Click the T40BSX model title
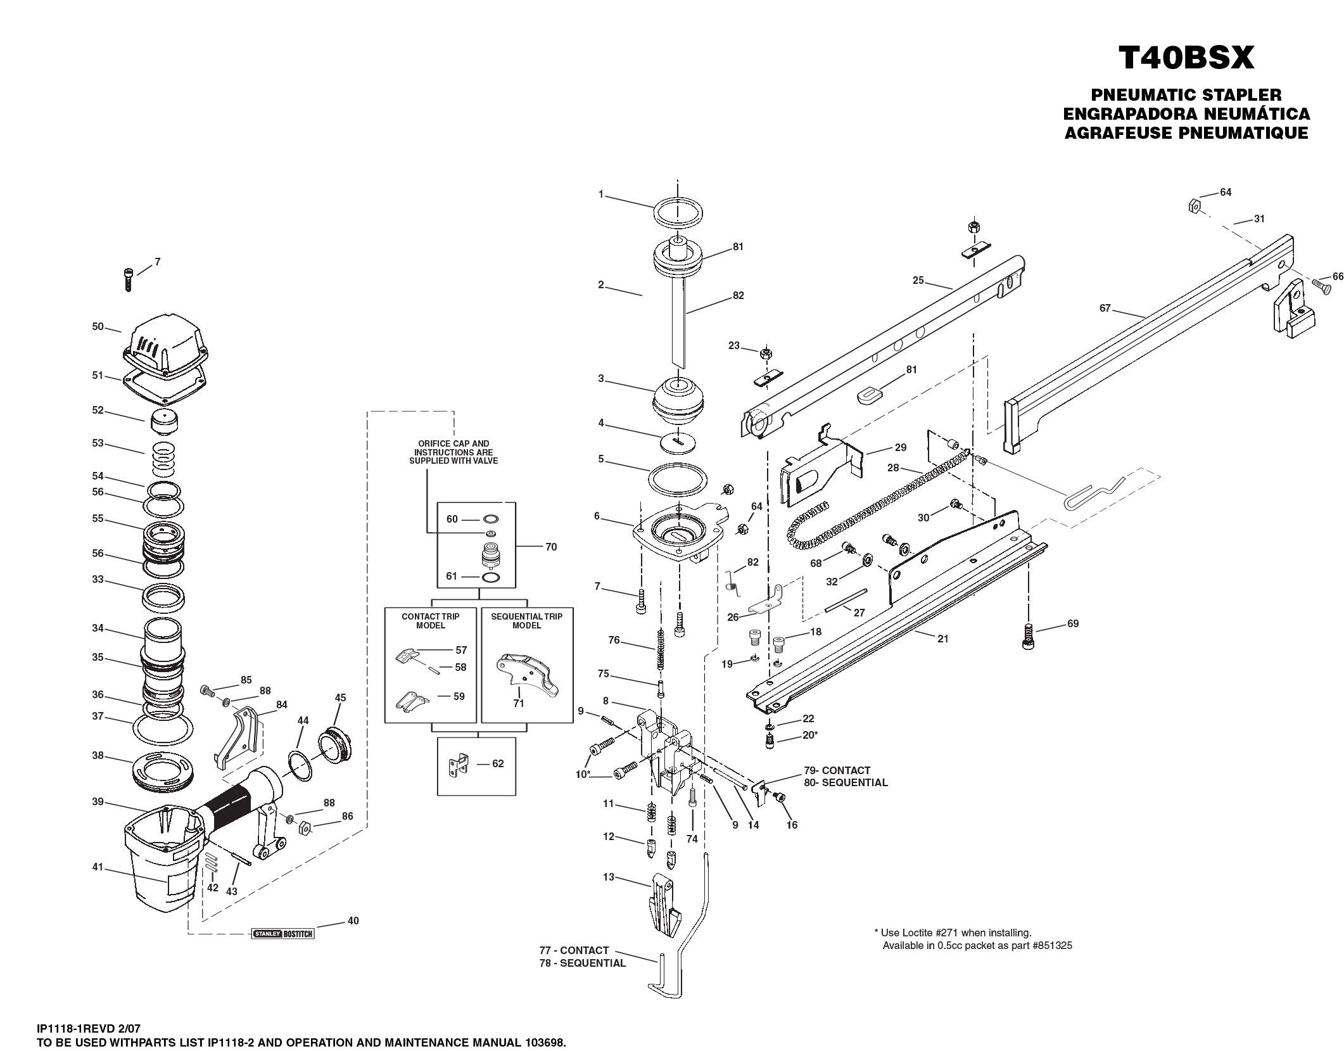click(1186, 58)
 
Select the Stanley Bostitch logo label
click(283, 933)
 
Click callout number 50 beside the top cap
click(98, 327)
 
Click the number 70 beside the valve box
click(550, 547)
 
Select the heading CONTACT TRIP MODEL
click(430, 620)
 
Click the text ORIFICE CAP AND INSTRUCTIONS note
click(453, 452)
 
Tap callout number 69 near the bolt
click(1072, 623)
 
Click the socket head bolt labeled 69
click(1028, 636)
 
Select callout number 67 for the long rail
click(1105, 308)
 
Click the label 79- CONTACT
click(837, 770)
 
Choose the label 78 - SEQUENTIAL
click(582, 963)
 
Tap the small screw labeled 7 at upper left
click(128, 279)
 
